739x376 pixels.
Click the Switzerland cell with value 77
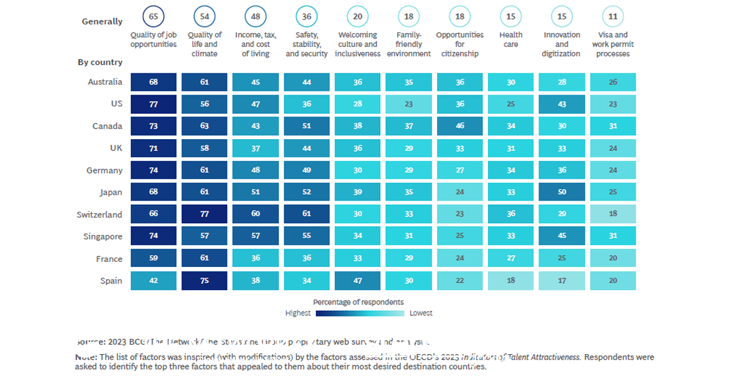[x=204, y=214]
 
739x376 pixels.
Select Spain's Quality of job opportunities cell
[x=153, y=281]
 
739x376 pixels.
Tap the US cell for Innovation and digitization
[x=562, y=104]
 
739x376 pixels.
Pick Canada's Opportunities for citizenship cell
[x=460, y=126]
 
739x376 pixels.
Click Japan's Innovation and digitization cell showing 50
[x=562, y=192]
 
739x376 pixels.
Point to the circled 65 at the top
[x=153, y=17]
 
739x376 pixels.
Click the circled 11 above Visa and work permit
[x=613, y=17]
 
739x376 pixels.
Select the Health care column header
[x=511, y=39]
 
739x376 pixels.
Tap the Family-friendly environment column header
[x=408, y=44]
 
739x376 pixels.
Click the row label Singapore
[x=103, y=237]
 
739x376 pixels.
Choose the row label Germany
[x=105, y=170]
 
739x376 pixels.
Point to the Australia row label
[x=105, y=82]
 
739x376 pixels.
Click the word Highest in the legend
[x=298, y=313]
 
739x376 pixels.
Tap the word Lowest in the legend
[x=421, y=313]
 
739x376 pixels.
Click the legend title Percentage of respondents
[x=358, y=302]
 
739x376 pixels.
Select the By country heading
[x=100, y=63]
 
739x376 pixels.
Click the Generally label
[x=102, y=21]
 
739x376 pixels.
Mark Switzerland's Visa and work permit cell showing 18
[x=613, y=214]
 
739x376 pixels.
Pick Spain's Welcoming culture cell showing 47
[x=358, y=281]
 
